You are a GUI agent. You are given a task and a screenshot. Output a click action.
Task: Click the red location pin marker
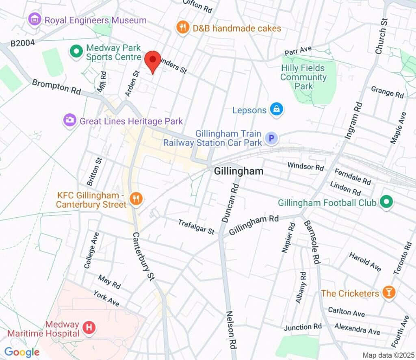point(152,61)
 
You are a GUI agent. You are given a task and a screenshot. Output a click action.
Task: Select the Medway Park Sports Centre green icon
point(76,52)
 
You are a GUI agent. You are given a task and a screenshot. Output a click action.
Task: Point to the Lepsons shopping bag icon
point(277,109)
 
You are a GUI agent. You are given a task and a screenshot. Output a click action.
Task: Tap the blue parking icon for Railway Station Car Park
point(271,139)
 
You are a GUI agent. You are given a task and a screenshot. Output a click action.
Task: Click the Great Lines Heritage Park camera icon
point(70,120)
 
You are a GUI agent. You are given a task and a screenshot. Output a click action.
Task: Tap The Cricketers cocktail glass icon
point(389,293)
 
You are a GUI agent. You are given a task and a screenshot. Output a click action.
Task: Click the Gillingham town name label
point(238,171)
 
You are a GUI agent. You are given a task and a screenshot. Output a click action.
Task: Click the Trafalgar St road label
point(196,226)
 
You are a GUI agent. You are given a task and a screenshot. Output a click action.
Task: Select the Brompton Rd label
point(56,87)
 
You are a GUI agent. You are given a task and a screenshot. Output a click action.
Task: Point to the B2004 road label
point(23,42)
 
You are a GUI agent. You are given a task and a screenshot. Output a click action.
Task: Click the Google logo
point(22,352)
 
